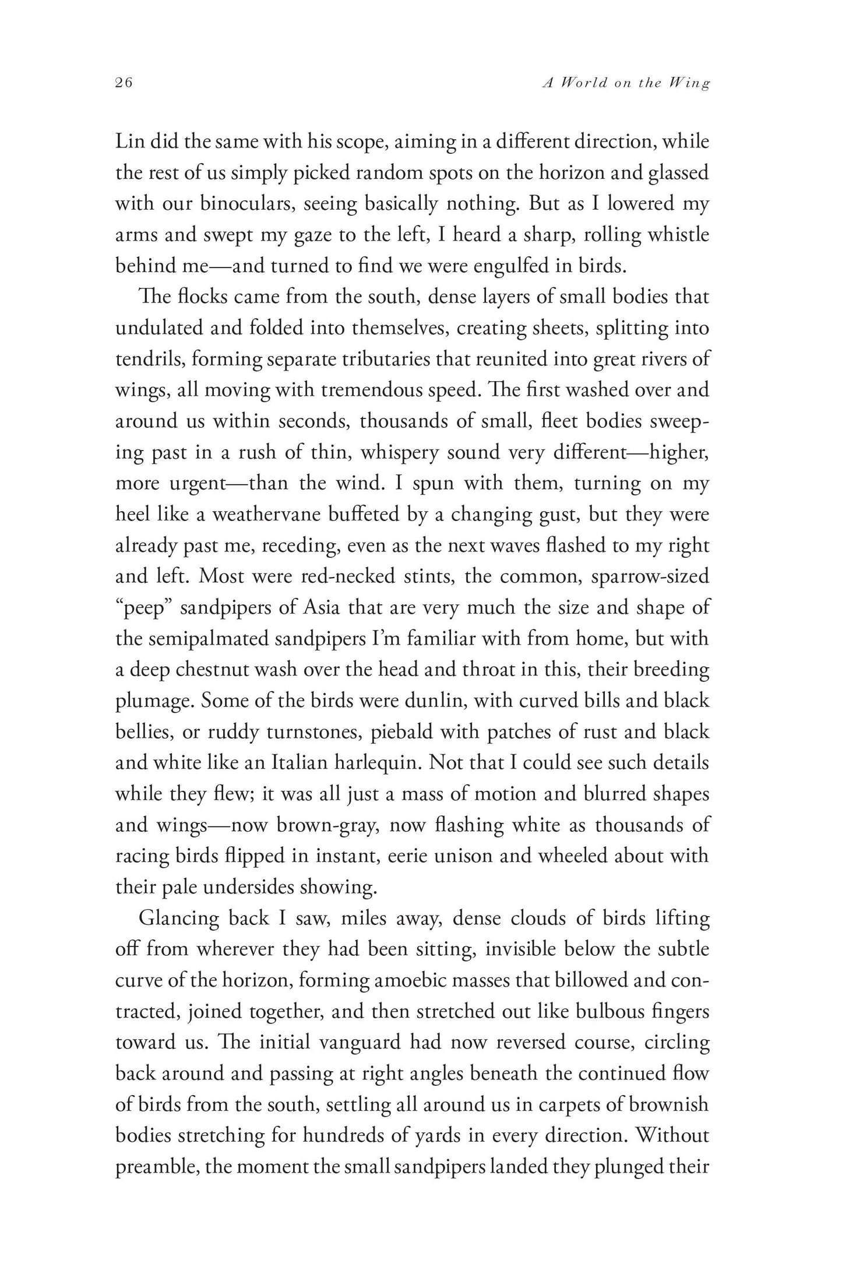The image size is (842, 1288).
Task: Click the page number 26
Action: [x=124, y=83]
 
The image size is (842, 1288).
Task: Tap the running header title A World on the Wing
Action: [x=626, y=83]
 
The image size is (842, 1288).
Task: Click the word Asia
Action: [x=326, y=608]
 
